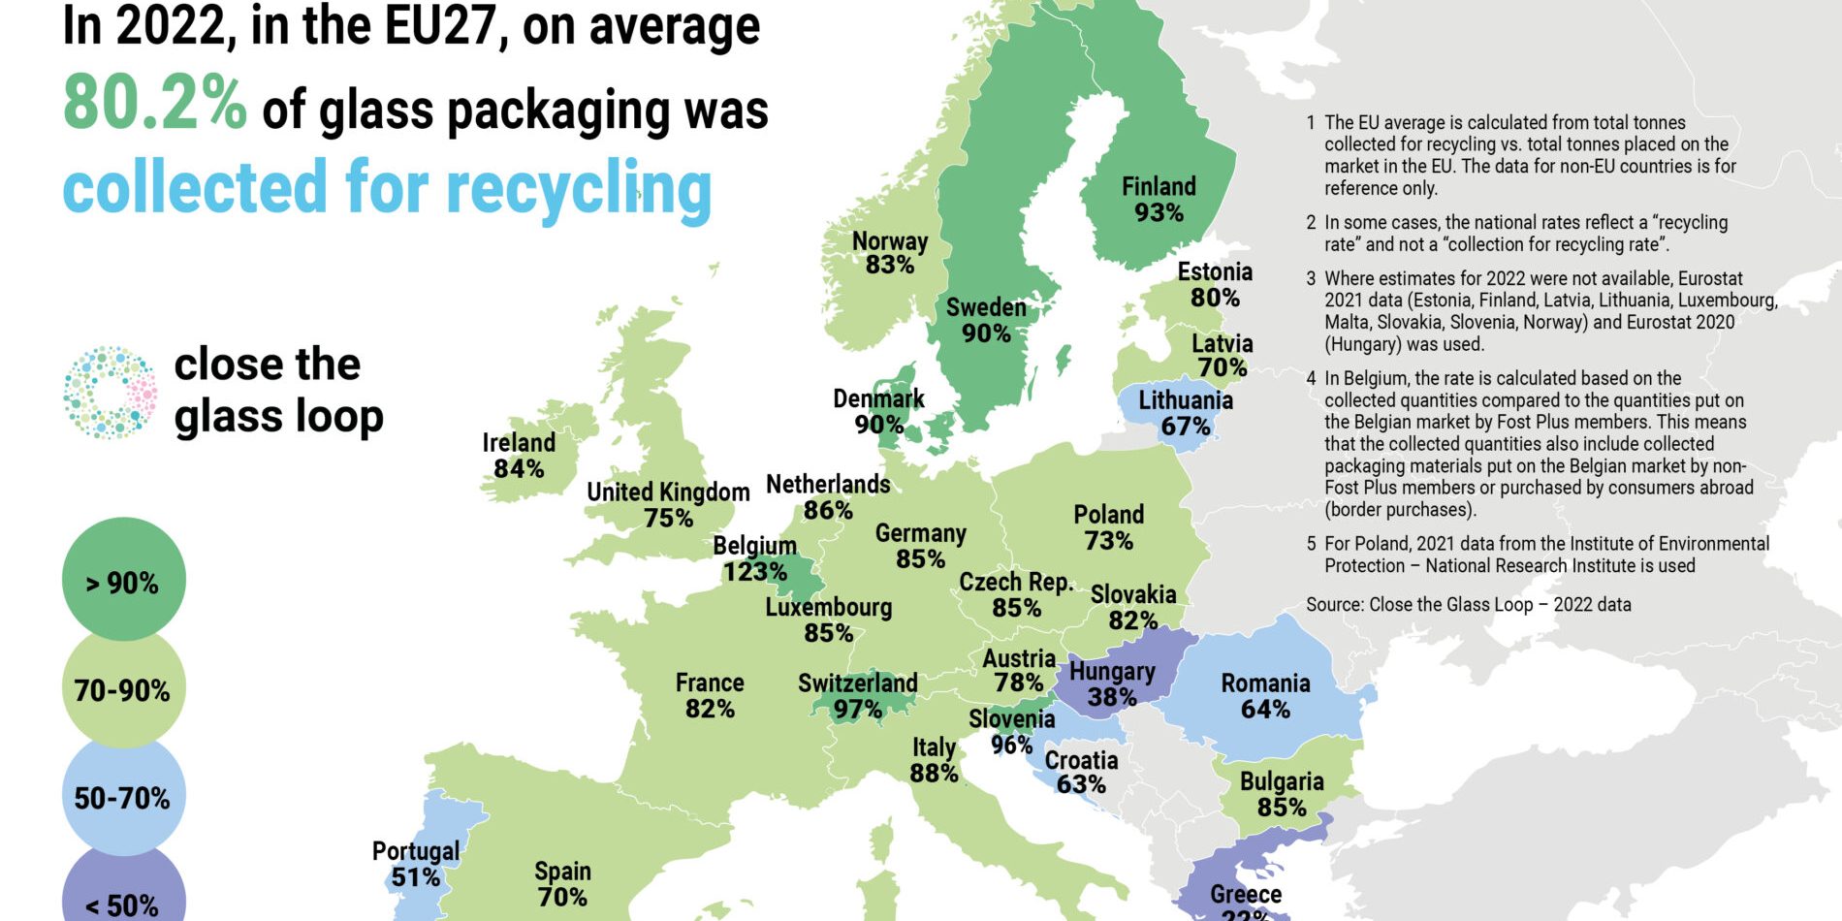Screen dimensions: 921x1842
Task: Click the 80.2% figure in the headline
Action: (155, 105)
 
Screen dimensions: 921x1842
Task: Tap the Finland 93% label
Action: (1159, 200)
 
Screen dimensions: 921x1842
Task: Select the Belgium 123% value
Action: (754, 572)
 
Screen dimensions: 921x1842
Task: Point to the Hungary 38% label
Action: (1112, 684)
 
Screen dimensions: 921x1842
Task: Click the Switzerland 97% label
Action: (857, 696)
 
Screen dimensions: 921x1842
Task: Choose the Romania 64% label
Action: (1265, 696)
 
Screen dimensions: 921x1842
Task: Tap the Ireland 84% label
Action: (519, 456)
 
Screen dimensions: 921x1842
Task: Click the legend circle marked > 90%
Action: (123, 580)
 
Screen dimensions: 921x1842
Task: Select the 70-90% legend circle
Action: (123, 689)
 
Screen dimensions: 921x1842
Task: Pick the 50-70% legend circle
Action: (123, 797)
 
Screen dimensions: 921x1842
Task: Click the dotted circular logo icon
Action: (110, 392)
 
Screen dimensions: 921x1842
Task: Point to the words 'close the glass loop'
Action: (278, 391)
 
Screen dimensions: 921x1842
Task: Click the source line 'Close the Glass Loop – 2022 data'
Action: (1468, 605)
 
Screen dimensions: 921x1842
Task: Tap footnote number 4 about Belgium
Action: (1311, 379)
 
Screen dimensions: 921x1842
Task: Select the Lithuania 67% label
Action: (1185, 413)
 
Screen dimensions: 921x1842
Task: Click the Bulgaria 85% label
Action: (1281, 794)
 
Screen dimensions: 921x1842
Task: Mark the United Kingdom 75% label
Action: (668, 505)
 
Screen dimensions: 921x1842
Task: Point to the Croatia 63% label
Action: (1081, 773)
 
